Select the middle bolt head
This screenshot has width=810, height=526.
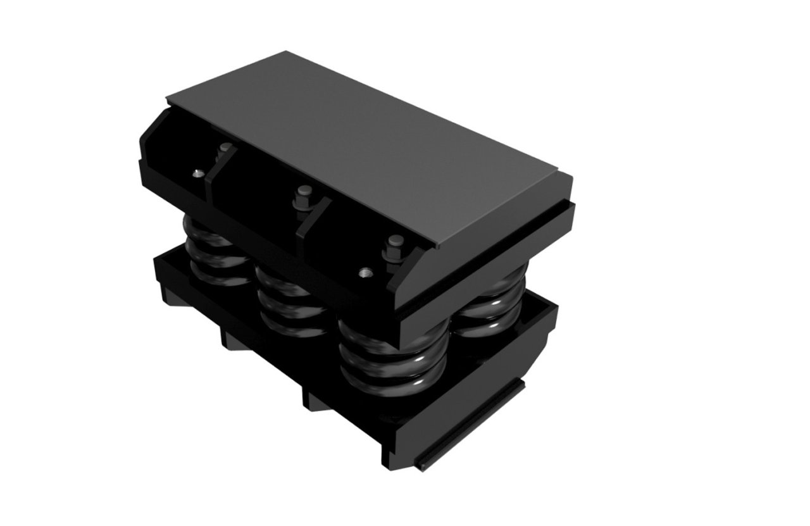click(303, 190)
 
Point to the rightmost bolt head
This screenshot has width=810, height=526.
click(396, 241)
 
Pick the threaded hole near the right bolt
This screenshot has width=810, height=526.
click(364, 273)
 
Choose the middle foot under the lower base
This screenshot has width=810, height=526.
click(231, 340)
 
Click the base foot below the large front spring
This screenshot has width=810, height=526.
click(316, 399)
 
